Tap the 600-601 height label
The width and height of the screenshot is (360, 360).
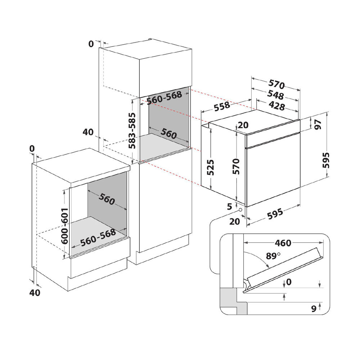click(65, 226)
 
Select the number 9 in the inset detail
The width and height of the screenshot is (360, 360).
click(313, 308)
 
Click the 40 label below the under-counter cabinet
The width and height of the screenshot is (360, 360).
click(35, 293)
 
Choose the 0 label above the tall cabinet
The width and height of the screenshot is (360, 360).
click(91, 44)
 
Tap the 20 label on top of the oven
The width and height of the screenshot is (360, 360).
click(243, 125)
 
